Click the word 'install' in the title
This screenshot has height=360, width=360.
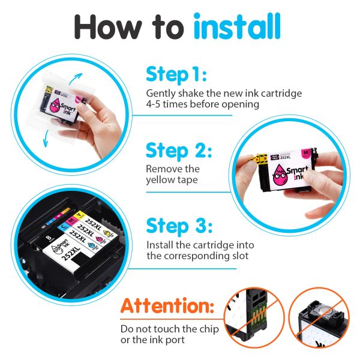click(237, 26)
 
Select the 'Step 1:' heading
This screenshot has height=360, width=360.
click(176, 74)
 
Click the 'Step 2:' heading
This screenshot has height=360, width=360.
click(179, 151)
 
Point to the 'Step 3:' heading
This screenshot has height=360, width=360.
click(179, 226)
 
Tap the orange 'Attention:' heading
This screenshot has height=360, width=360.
click(167, 305)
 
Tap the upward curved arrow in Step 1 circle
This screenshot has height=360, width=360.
click(76, 79)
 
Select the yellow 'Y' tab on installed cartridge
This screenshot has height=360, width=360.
click(79, 215)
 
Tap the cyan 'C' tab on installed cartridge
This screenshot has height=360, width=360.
click(64, 227)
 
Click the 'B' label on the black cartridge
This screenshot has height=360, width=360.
click(49, 238)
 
